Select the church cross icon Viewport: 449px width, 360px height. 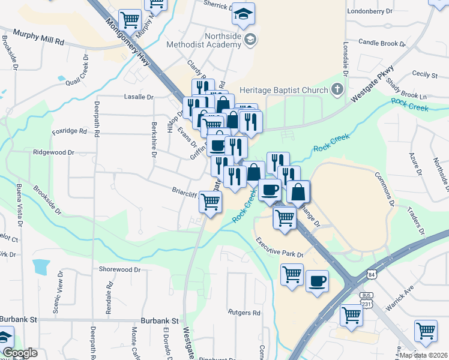coord(337,90)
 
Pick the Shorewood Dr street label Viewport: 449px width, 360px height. coord(119,269)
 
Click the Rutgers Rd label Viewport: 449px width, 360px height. coord(244,313)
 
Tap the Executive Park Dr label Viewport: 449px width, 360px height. coord(280,248)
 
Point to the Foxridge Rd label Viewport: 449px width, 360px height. coord(70,131)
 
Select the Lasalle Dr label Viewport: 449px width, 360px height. coord(139,97)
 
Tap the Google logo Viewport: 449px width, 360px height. coord(20,353)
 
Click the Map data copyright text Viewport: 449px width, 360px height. coord(424,355)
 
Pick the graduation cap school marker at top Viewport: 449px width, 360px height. coord(243,14)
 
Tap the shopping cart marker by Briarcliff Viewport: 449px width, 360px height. coord(210,202)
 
